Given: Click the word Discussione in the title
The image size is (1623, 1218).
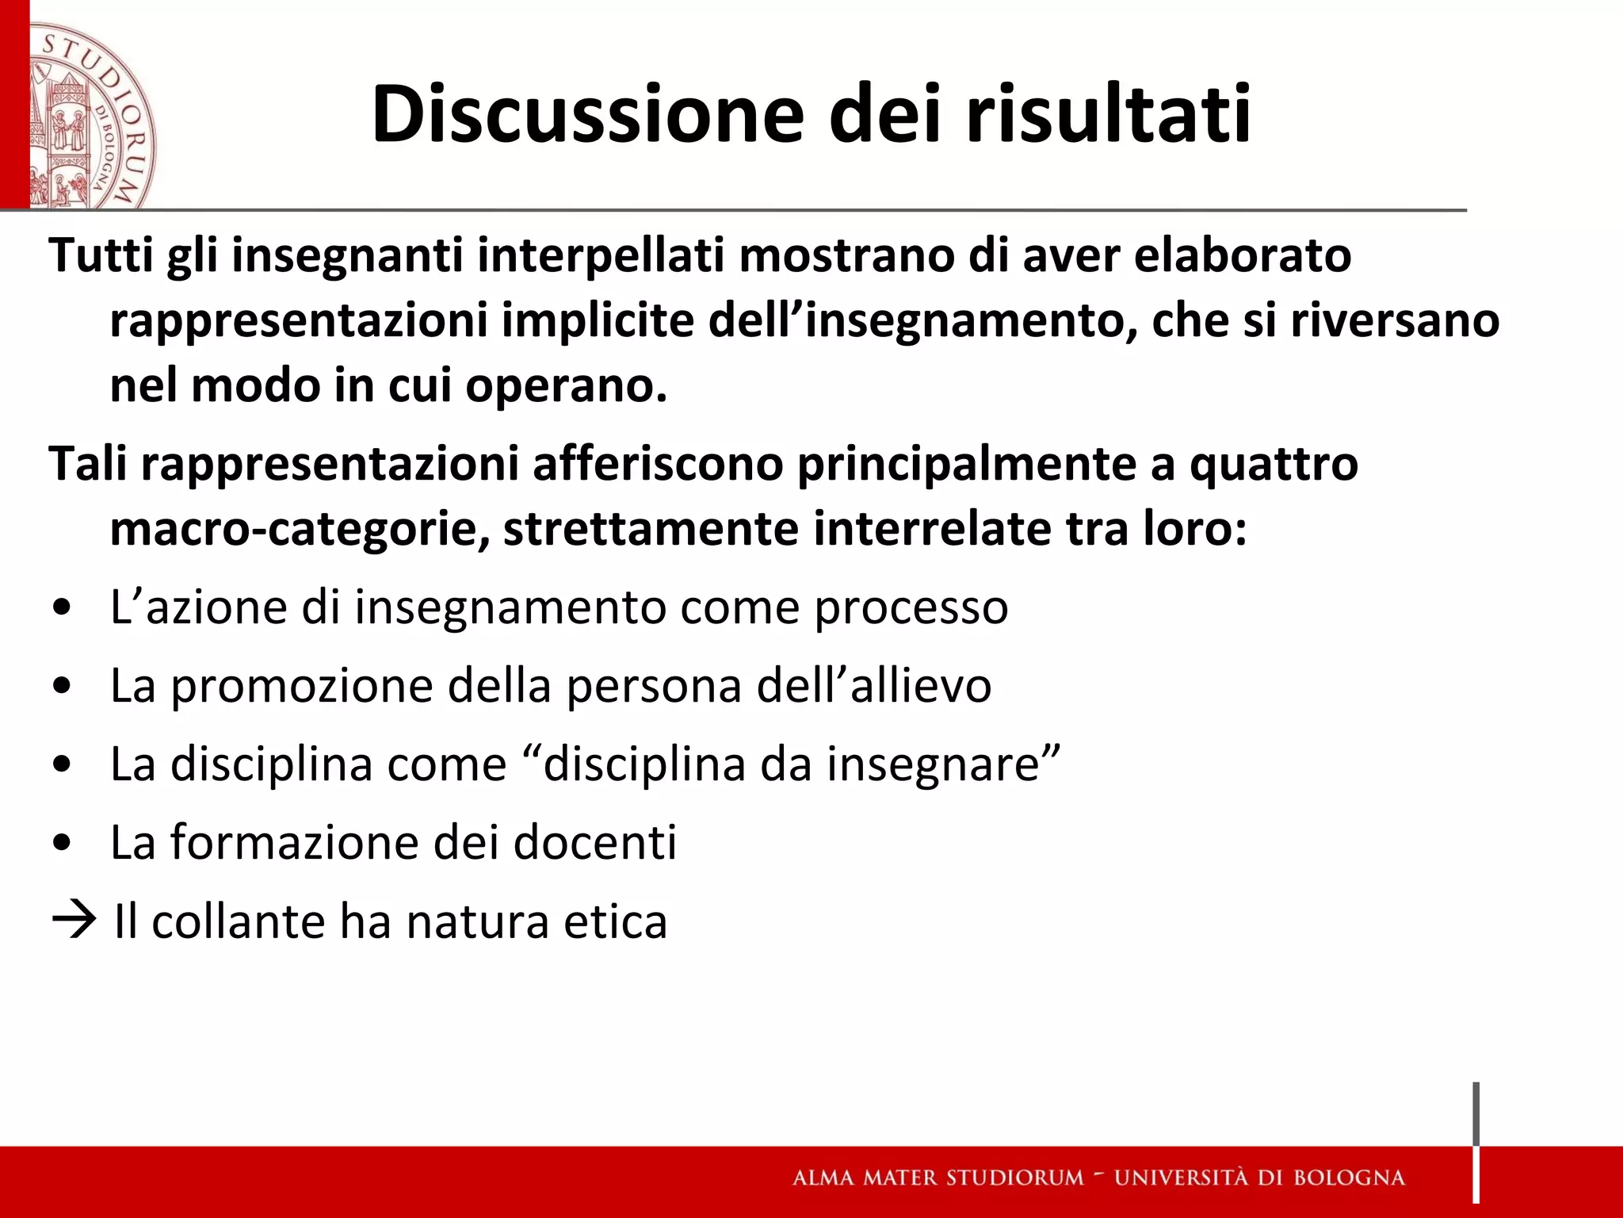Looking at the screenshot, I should tap(587, 115).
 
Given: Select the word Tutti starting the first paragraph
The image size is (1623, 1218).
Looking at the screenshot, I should tap(100, 255).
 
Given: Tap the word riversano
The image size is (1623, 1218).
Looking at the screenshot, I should tap(1395, 320).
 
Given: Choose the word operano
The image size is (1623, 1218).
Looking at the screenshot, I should tap(566, 387).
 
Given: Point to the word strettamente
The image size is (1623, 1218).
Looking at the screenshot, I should tap(651, 529).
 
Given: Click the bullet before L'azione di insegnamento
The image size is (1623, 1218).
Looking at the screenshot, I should tap(62, 609).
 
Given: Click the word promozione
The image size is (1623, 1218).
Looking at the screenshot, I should tap(302, 686).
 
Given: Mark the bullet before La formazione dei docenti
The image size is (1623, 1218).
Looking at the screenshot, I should tap(62, 844).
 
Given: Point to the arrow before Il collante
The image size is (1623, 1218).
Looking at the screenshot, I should tap(74, 921).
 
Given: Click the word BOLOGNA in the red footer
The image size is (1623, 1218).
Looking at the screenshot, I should tap(1349, 1178).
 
